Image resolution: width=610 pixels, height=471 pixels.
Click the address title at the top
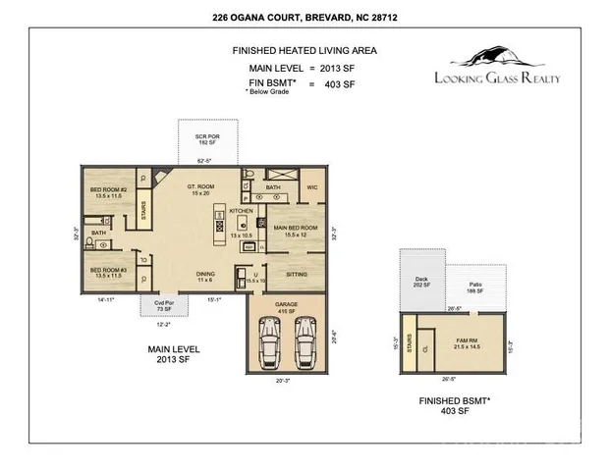305,17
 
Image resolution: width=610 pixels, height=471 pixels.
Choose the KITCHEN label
242,211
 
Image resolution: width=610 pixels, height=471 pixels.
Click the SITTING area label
297,276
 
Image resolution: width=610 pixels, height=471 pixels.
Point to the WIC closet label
312,186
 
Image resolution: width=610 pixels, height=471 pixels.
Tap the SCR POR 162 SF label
206,138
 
